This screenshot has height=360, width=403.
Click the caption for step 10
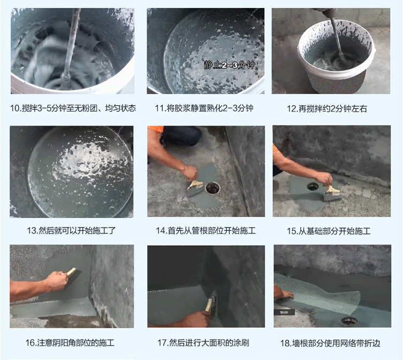(73, 108)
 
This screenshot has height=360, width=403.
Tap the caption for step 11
(204, 108)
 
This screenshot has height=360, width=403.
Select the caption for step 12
(327, 108)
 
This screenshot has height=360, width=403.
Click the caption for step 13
(71, 230)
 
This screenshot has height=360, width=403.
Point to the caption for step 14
(206, 230)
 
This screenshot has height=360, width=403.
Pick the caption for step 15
(329, 231)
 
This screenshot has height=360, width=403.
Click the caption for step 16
(70, 343)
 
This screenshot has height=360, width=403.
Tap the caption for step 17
(203, 343)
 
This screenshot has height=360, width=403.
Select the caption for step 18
(330, 343)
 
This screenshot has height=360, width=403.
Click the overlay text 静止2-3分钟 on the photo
(229, 65)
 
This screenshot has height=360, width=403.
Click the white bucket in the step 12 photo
(334, 55)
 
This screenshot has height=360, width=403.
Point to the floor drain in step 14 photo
(213, 188)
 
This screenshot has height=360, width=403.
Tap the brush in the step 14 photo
(195, 188)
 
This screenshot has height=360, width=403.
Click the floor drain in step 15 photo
(313, 186)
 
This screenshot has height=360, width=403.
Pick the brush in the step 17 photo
(212, 304)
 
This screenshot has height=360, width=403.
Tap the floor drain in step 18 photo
(349, 321)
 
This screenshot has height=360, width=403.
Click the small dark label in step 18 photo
(284, 312)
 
